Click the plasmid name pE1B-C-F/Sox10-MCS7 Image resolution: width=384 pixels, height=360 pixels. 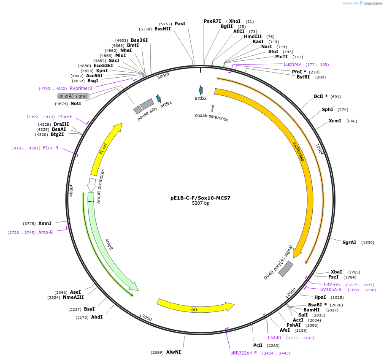200,198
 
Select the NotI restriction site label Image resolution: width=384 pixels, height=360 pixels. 76,103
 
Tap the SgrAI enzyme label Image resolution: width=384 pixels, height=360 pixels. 349,242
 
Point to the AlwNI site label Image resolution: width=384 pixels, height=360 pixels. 173,352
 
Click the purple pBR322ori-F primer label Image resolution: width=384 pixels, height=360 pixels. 243,353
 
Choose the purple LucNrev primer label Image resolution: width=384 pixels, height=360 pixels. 292,64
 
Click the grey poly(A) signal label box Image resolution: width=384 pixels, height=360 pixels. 73,96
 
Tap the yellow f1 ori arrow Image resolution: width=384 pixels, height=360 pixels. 105,149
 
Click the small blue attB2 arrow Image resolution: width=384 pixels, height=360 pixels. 201,90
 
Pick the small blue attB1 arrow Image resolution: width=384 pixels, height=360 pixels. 158,98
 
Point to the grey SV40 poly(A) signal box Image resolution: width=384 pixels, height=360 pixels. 286,269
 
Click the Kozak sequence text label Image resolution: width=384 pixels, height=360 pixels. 211,117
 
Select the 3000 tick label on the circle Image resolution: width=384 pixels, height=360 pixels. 146,318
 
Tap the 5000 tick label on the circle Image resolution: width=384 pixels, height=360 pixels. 162,76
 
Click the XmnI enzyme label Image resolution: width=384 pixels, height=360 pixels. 45,223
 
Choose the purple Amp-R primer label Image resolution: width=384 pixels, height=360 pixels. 46,232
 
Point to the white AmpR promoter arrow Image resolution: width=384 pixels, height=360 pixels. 91,184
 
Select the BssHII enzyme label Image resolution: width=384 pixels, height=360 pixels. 162,29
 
